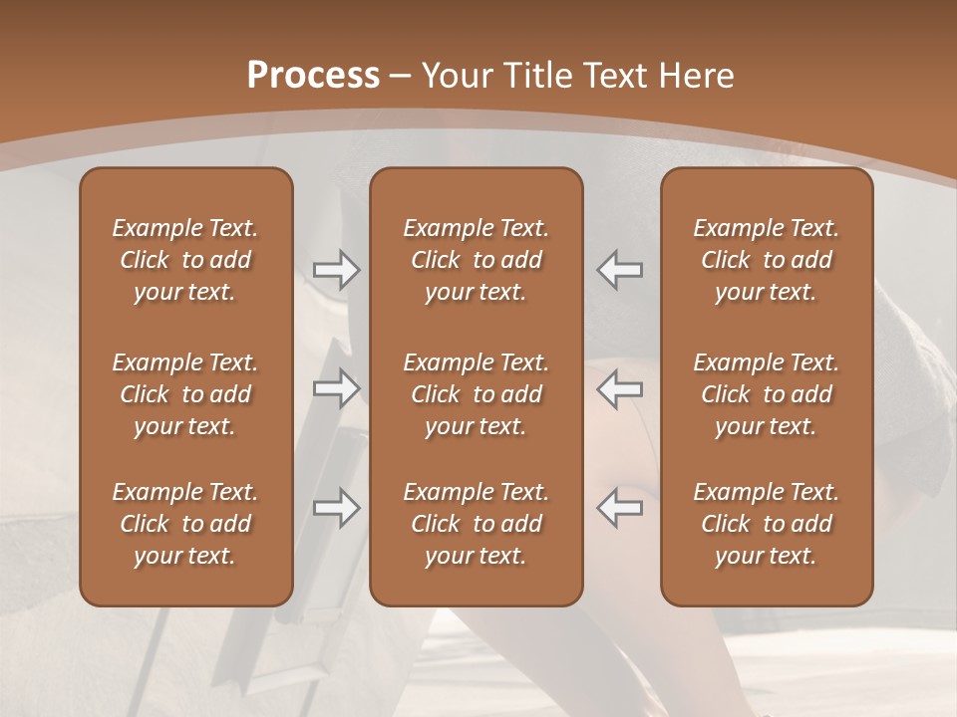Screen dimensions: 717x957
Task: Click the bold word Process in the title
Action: point(313,76)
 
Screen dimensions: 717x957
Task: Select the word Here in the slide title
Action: point(698,76)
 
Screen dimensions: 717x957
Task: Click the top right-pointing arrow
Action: point(336,269)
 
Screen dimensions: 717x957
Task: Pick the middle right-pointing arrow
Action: point(336,388)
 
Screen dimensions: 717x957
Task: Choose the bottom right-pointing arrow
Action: point(336,508)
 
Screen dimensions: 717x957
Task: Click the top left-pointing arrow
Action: point(619,269)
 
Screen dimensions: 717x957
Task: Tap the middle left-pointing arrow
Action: point(619,388)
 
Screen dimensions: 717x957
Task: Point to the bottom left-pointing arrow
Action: point(619,508)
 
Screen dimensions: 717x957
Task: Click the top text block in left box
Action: point(185,260)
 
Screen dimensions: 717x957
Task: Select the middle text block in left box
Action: point(185,394)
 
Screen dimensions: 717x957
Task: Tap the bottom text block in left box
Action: point(185,524)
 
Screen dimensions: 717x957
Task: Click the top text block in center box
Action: point(476,260)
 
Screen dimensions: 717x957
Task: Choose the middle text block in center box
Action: point(476,394)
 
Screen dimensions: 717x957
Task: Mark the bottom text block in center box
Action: point(476,524)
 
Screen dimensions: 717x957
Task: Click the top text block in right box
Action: point(766,260)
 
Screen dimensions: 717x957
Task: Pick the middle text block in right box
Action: point(766,394)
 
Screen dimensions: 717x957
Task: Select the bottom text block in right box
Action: point(766,524)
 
